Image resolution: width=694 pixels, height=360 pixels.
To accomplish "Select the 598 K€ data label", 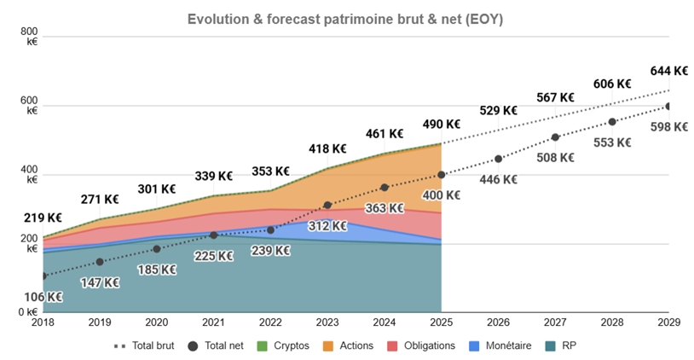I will coord(669,126).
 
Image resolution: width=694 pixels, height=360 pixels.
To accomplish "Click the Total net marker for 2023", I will coord(327,206).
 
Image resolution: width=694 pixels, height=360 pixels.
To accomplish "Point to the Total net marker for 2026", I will coord(498,159).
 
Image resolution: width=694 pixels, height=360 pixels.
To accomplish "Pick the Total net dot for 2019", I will coord(100,262).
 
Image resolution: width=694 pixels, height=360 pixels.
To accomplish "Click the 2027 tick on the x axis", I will coord(555,323).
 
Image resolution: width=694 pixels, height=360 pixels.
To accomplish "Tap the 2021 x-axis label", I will coord(213,323).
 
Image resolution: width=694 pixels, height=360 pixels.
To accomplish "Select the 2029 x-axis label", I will coord(669,323).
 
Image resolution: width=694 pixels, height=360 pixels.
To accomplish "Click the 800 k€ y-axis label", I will coord(32,36).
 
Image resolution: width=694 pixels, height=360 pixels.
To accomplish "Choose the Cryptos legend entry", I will coord(284,345).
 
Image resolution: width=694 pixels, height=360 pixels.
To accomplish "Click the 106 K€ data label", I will coord(44,297).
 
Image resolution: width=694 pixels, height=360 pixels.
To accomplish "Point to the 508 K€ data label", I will coord(555,157).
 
